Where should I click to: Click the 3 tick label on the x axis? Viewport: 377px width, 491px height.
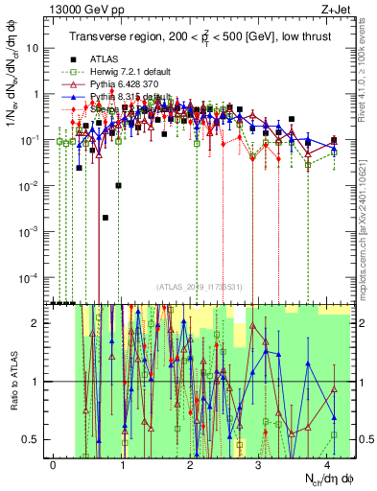pyautogui.click(x=258, y=464)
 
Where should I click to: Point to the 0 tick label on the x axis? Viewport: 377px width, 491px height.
pyautogui.click(x=54, y=464)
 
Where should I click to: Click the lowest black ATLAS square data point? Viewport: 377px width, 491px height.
pyautogui.click(x=106, y=218)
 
